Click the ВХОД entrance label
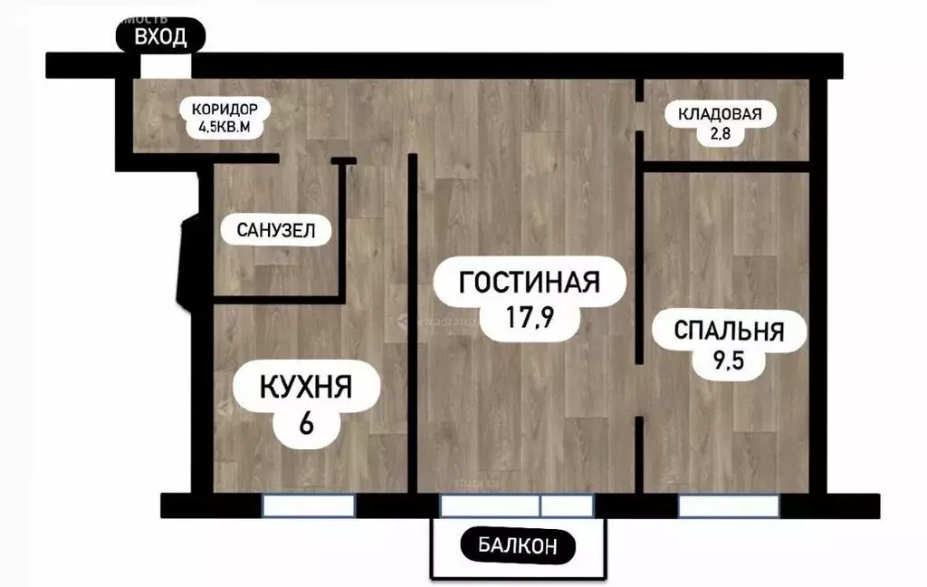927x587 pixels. click(160, 37)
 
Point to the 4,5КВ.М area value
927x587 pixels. click(225, 128)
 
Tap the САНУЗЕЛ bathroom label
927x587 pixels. click(276, 230)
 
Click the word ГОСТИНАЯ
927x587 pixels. click(530, 282)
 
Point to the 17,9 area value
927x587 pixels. click(530, 319)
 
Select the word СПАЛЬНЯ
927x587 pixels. click(728, 331)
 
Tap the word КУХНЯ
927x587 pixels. click(305, 389)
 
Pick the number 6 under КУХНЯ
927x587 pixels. click(305, 423)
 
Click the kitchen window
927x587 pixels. click(309, 505)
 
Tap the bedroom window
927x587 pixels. click(729, 505)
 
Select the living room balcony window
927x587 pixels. click(516, 505)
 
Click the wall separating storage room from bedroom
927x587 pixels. click(724, 167)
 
